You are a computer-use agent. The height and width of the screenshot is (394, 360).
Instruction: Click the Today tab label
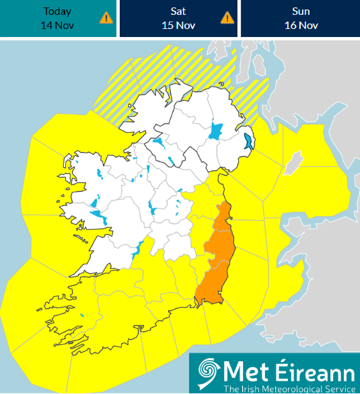point(57,11)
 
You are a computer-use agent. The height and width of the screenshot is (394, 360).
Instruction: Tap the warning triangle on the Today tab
point(106,17)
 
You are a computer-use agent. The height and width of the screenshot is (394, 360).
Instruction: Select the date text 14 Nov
point(57,25)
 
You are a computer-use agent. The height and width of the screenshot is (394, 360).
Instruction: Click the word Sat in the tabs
point(178,11)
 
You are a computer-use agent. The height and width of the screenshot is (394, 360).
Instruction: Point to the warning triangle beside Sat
point(227,17)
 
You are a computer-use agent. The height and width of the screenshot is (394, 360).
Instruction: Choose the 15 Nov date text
point(178,25)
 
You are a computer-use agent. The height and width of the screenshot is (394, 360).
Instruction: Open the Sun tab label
point(300,11)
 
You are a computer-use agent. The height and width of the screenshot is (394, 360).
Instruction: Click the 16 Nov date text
point(300,25)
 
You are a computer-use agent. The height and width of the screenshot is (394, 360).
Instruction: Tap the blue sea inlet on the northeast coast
point(249,144)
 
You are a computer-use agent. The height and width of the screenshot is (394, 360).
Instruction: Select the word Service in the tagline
point(338,387)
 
